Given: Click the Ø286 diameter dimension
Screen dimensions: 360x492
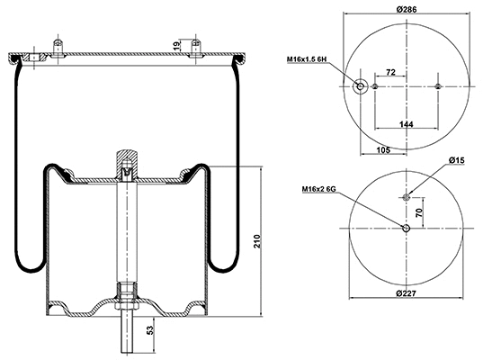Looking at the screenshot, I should pos(407,10).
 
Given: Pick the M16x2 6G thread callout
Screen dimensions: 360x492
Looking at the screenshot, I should pos(319,190).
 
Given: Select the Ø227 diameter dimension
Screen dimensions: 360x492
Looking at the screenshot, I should pos(407,293).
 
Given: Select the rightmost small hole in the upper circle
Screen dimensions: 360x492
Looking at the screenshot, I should pos(438,86).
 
